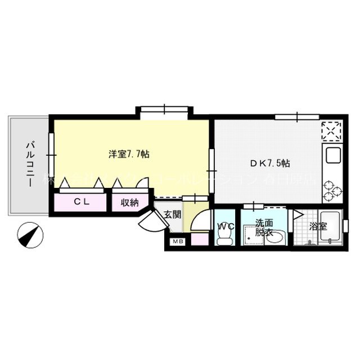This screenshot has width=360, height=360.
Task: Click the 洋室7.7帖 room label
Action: (x=129, y=153)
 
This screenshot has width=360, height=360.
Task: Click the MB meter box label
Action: (x=178, y=242)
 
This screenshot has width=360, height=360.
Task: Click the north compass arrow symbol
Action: (x=30, y=233)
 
